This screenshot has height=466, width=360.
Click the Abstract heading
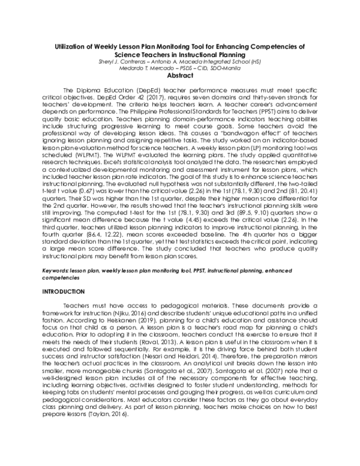[x=179, y=76]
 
